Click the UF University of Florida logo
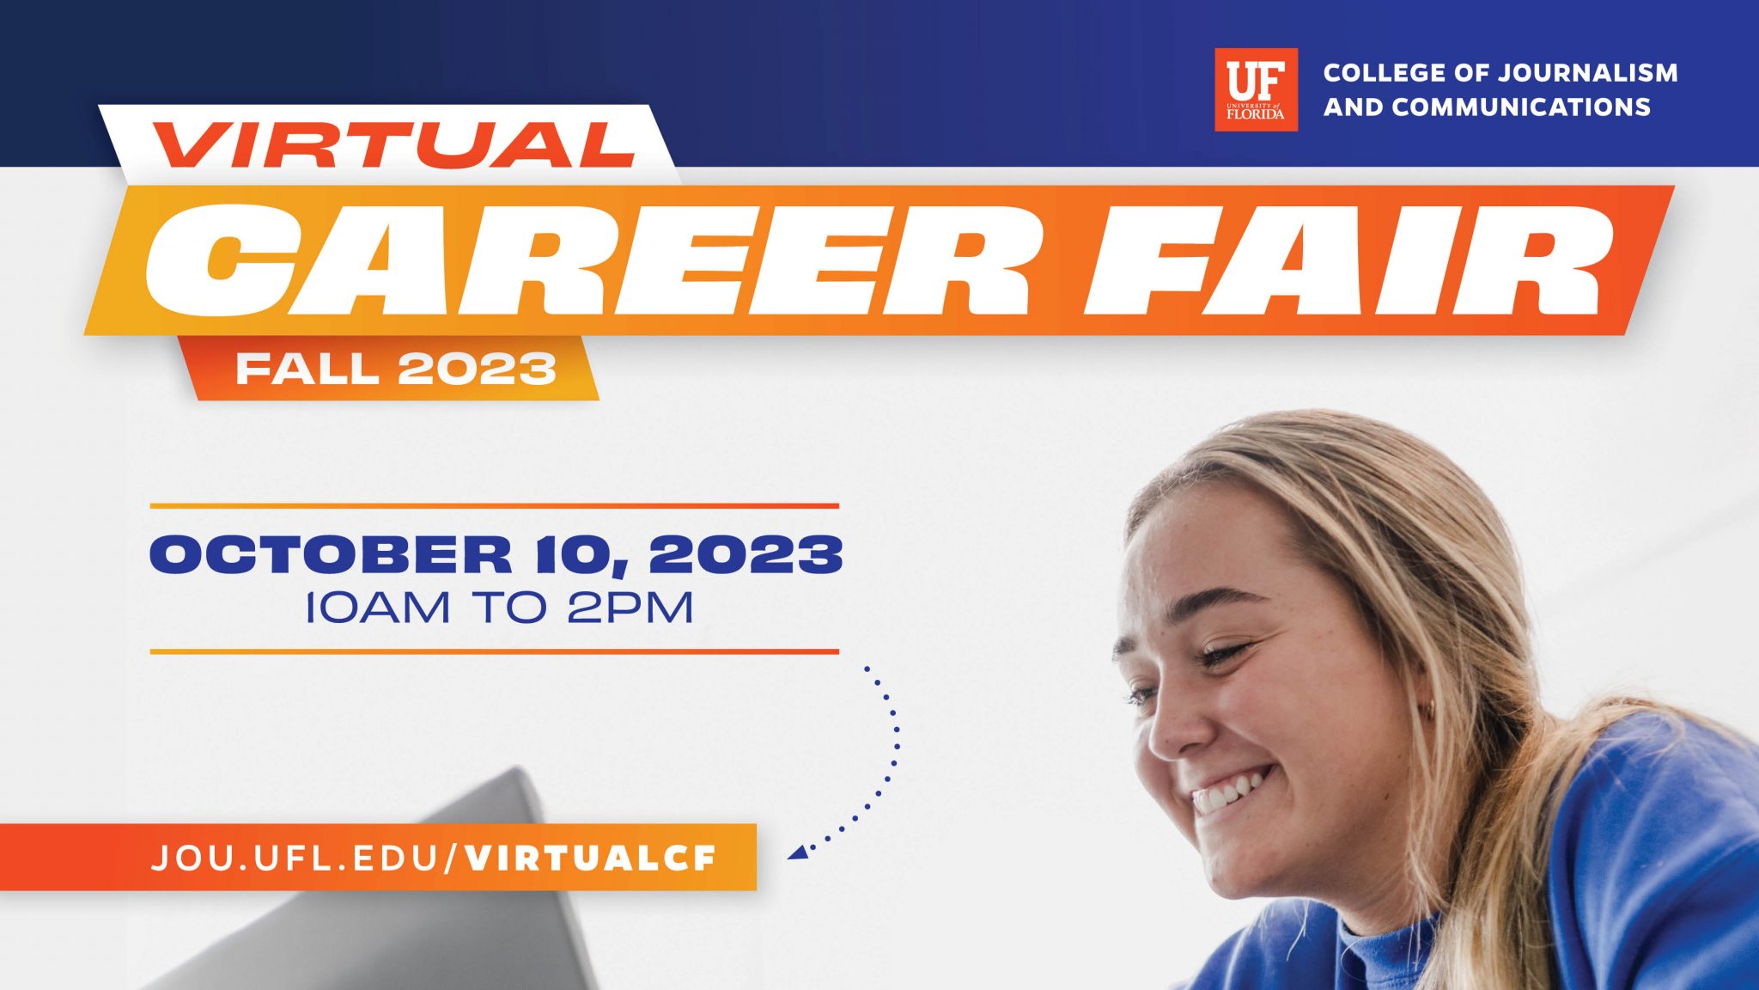[x=1256, y=89]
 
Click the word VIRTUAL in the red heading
[x=395, y=145]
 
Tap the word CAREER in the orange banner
[x=587, y=260]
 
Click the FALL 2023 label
[x=396, y=369]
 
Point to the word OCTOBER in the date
[x=332, y=554]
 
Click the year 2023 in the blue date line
[x=746, y=554]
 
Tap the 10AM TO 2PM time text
[x=499, y=608]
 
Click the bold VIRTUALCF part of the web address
[x=591, y=858]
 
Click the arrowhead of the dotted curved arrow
[x=797, y=852]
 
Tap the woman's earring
[x=1432, y=710]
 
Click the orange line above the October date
[x=495, y=506]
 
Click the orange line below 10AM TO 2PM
[x=495, y=651]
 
